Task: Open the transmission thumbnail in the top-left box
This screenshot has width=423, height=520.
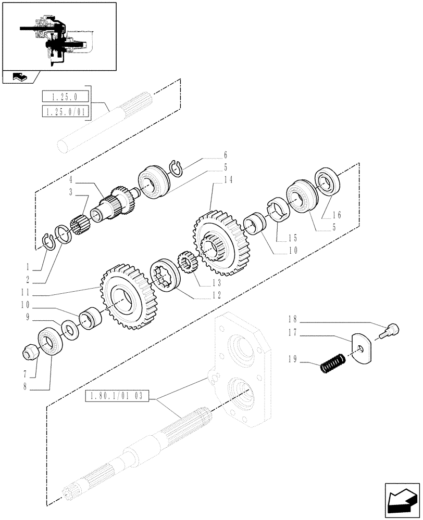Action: point(58,36)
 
